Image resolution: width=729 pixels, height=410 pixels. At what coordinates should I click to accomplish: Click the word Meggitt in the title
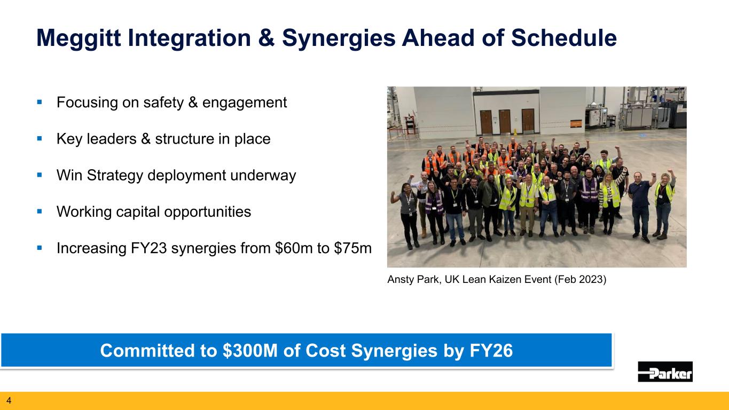click(x=79, y=38)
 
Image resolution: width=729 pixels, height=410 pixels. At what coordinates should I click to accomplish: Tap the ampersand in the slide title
click(x=266, y=38)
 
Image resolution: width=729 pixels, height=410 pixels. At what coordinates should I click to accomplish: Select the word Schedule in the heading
click(x=563, y=38)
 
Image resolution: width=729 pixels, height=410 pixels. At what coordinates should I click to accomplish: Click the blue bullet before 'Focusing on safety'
click(x=40, y=102)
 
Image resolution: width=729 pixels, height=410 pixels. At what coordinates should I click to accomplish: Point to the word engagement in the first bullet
click(x=245, y=103)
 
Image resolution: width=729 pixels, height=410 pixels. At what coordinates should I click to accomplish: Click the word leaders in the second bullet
click(x=112, y=139)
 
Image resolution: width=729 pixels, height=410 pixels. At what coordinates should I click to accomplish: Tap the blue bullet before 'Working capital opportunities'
click(x=40, y=211)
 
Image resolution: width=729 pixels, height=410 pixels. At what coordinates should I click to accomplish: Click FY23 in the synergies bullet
click(x=148, y=248)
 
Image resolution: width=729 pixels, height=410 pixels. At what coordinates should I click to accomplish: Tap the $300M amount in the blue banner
click(x=250, y=351)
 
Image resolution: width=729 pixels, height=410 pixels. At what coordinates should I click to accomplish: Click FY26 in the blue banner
click(x=491, y=351)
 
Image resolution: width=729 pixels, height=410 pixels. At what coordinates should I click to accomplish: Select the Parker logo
click(x=665, y=372)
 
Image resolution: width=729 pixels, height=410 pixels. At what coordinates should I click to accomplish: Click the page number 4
click(x=9, y=400)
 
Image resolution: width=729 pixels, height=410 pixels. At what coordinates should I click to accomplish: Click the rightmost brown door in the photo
click(x=528, y=121)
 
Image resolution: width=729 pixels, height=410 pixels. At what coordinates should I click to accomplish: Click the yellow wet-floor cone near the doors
click(x=515, y=132)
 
